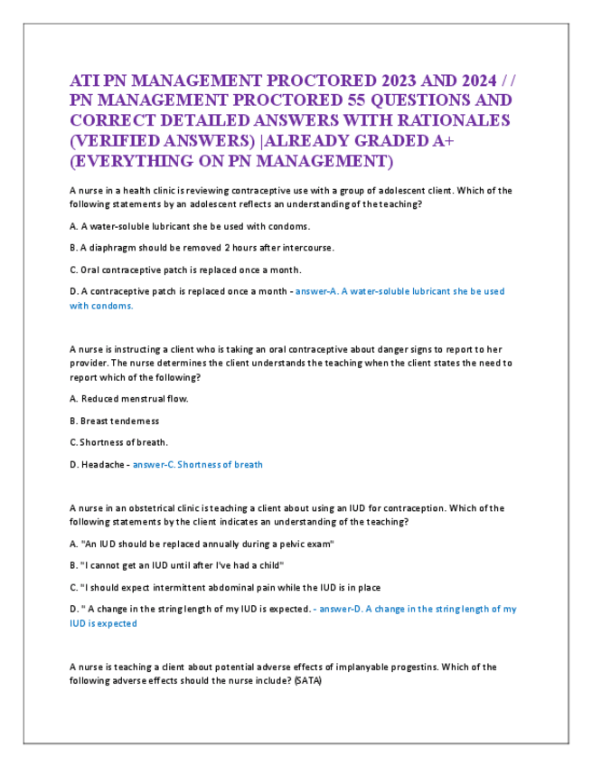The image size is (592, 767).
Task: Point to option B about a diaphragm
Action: (x=202, y=247)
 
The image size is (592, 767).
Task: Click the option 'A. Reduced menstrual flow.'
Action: (x=128, y=399)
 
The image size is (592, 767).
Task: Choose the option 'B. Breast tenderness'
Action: (x=114, y=421)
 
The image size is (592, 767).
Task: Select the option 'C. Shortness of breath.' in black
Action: (x=118, y=442)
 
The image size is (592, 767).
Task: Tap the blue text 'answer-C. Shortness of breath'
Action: (x=197, y=465)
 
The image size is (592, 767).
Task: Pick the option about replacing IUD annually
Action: (x=202, y=544)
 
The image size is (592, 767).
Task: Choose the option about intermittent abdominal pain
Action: (x=225, y=587)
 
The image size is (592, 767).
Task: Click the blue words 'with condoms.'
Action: (x=101, y=306)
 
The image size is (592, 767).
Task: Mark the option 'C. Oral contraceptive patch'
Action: (x=185, y=270)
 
